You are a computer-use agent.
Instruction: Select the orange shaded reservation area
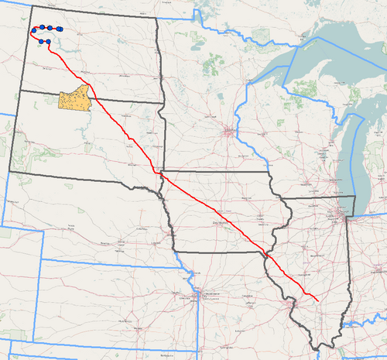point(74,100)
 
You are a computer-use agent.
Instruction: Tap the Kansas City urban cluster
point(204,294)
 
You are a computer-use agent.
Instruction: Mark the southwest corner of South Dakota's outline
point(10,170)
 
